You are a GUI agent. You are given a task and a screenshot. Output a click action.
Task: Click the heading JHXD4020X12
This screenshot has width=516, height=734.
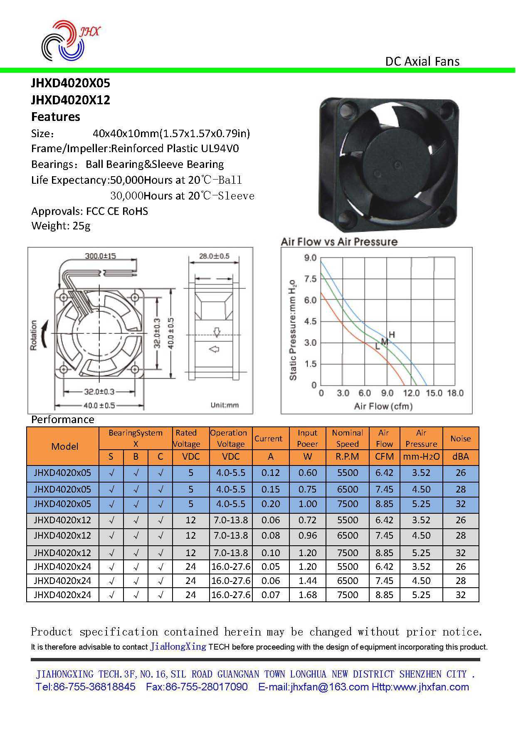[x=71, y=100]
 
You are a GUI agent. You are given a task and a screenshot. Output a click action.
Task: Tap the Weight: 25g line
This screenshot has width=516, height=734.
[x=61, y=226]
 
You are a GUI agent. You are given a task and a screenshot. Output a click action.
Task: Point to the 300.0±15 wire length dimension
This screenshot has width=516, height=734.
[x=100, y=256]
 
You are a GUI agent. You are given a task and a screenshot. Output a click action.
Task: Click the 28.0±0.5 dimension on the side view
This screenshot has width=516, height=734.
[x=214, y=256]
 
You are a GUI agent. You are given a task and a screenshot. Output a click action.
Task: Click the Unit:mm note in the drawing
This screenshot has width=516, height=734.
[x=225, y=405]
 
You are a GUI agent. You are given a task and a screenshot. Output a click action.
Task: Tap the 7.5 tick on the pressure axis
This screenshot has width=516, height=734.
[x=310, y=279]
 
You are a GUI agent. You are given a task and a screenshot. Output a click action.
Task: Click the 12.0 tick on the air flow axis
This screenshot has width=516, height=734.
[x=411, y=393]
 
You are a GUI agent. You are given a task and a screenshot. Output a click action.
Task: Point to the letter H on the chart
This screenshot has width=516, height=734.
[x=392, y=335]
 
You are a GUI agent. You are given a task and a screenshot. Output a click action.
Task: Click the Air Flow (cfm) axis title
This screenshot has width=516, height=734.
[x=383, y=406]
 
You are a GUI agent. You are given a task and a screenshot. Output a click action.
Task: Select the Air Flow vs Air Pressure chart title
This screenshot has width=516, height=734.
[x=339, y=242]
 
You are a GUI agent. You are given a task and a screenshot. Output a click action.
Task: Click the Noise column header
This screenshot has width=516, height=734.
[x=460, y=438]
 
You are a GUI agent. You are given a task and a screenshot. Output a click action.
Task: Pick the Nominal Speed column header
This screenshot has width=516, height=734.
[x=347, y=438]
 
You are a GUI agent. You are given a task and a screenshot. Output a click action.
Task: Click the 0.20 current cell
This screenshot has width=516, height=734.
[x=270, y=504]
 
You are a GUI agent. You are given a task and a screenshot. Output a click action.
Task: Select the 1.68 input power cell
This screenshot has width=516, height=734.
[x=307, y=595]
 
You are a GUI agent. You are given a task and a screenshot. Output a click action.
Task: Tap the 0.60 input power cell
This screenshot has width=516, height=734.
[x=307, y=473]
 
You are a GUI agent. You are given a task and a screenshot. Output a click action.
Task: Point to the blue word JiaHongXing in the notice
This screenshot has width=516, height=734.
[x=178, y=647]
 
